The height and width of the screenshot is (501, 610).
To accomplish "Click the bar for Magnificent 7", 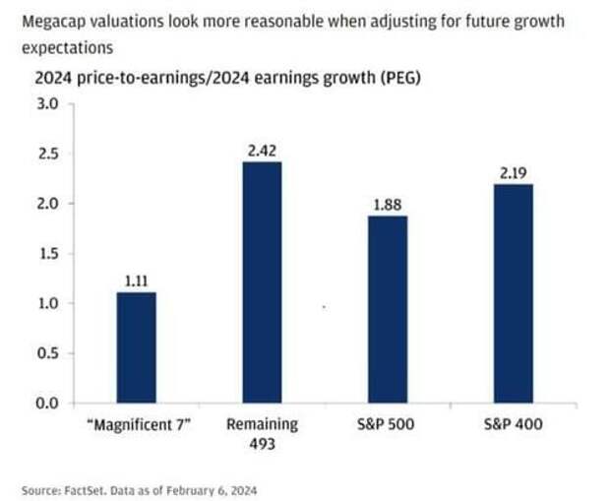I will [136, 347].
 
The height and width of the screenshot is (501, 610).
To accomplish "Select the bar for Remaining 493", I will [262, 282].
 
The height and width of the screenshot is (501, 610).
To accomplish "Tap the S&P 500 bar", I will [388, 309].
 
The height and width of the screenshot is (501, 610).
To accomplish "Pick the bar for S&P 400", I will [514, 293].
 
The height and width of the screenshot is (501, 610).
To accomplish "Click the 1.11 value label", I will [136, 281].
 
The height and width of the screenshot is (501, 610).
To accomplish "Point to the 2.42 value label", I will [262, 150].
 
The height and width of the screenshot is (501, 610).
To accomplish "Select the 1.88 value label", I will [388, 204].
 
